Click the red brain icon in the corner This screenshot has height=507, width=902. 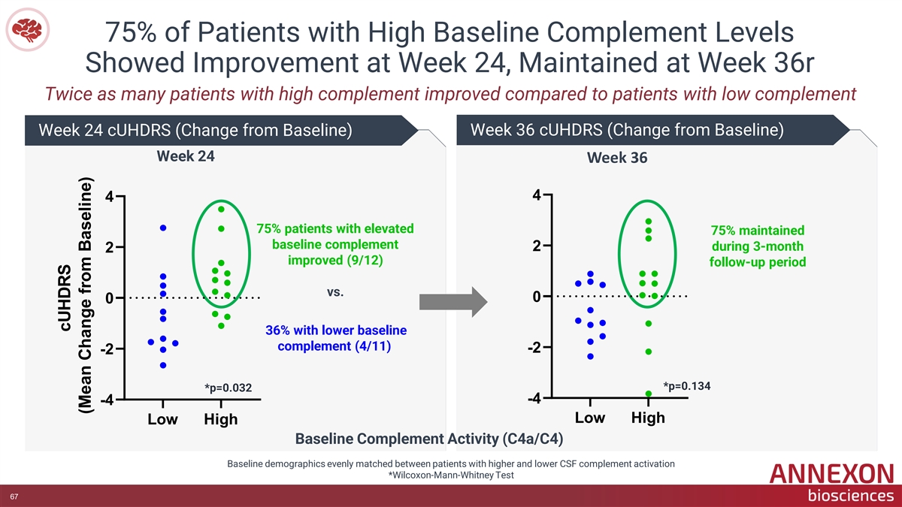coord(27,30)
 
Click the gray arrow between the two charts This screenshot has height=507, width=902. coord(453,302)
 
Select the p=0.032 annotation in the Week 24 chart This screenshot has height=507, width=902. coord(228,388)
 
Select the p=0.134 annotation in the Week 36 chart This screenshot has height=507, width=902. coord(686,386)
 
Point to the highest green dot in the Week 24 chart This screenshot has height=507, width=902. coord(221,210)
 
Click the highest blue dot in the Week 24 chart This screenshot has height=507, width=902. coord(163,228)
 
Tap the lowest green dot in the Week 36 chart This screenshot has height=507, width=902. coord(648,394)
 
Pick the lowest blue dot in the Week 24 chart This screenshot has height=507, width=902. coord(163,365)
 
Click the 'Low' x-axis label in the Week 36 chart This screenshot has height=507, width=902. coord(589,418)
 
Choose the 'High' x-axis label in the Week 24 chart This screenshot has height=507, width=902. coord(221,419)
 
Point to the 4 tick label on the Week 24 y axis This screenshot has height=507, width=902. coord(109,197)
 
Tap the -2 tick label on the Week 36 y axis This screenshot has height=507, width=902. coord(534,347)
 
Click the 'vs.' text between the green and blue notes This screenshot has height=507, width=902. coord(335,291)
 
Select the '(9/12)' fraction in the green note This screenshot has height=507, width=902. coord(364,261)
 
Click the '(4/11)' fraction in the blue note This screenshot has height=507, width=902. coord(373,346)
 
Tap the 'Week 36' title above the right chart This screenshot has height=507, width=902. coord(617,158)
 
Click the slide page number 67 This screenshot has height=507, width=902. coord(14,496)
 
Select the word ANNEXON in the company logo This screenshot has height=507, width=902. coord(831,474)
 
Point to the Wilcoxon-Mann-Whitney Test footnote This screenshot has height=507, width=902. coord(451,475)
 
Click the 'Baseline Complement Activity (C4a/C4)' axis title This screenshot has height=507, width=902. coord(429,439)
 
